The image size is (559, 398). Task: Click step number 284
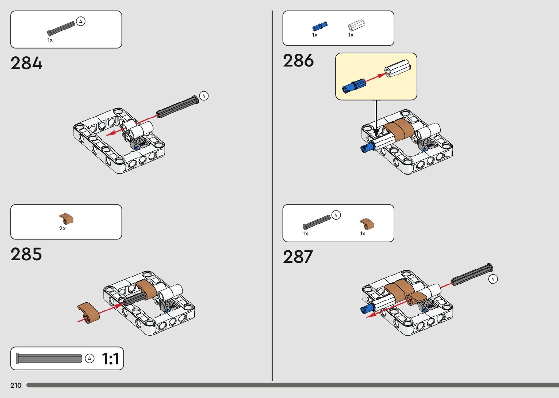tap(26, 63)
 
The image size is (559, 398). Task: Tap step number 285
tap(26, 254)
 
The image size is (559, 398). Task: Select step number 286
tap(298, 61)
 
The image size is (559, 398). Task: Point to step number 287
tap(298, 257)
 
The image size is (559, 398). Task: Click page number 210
tap(16, 385)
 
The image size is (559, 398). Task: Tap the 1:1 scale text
tap(110, 359)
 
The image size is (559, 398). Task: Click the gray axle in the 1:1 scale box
tap(49, 359)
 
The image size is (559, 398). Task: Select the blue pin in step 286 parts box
tap(320, 26)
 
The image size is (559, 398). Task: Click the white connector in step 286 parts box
tap(356, 25)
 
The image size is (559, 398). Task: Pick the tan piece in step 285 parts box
tap(66, 219)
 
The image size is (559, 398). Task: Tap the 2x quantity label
tap(62, 228)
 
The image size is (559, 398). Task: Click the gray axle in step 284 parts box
tap(61, 28)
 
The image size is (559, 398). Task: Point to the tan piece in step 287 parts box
tap(367, 223)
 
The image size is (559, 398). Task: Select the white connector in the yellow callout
tap(398, 69)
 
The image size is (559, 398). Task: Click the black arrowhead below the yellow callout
tap(376, 132)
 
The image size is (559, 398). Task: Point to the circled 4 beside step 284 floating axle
tap(204, 96)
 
